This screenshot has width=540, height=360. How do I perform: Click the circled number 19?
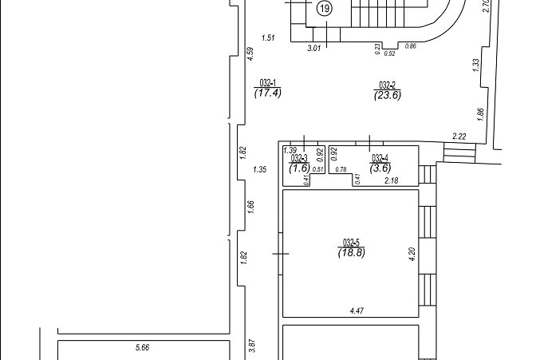point(325,9)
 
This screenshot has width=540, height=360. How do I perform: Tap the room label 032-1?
point(267,83)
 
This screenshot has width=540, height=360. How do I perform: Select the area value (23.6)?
point(388,95)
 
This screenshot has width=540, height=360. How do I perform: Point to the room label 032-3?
point(299,159)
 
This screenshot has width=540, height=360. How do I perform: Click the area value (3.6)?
point(380,168)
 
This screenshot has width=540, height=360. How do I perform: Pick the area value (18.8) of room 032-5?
point(351,252)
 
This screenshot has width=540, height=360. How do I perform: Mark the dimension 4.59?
point(250,54)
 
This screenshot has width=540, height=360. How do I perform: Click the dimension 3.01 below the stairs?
point(313,48)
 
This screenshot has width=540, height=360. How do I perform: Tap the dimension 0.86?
point(411,45)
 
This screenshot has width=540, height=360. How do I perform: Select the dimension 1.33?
point(476,65)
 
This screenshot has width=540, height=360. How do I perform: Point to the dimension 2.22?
point(459,136)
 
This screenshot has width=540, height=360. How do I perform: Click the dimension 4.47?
point(357,311)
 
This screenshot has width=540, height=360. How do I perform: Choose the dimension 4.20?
point(413,255)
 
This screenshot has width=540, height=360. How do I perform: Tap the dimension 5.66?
point(142,347)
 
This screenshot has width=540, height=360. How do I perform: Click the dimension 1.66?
point(250,207)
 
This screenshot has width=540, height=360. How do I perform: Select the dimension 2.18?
point(391,180)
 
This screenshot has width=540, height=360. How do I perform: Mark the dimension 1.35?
point(260,169)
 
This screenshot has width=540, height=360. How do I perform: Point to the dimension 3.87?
point(252,346)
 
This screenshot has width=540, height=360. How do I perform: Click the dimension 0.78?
point(341,169)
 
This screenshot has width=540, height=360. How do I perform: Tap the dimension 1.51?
point(268,38)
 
